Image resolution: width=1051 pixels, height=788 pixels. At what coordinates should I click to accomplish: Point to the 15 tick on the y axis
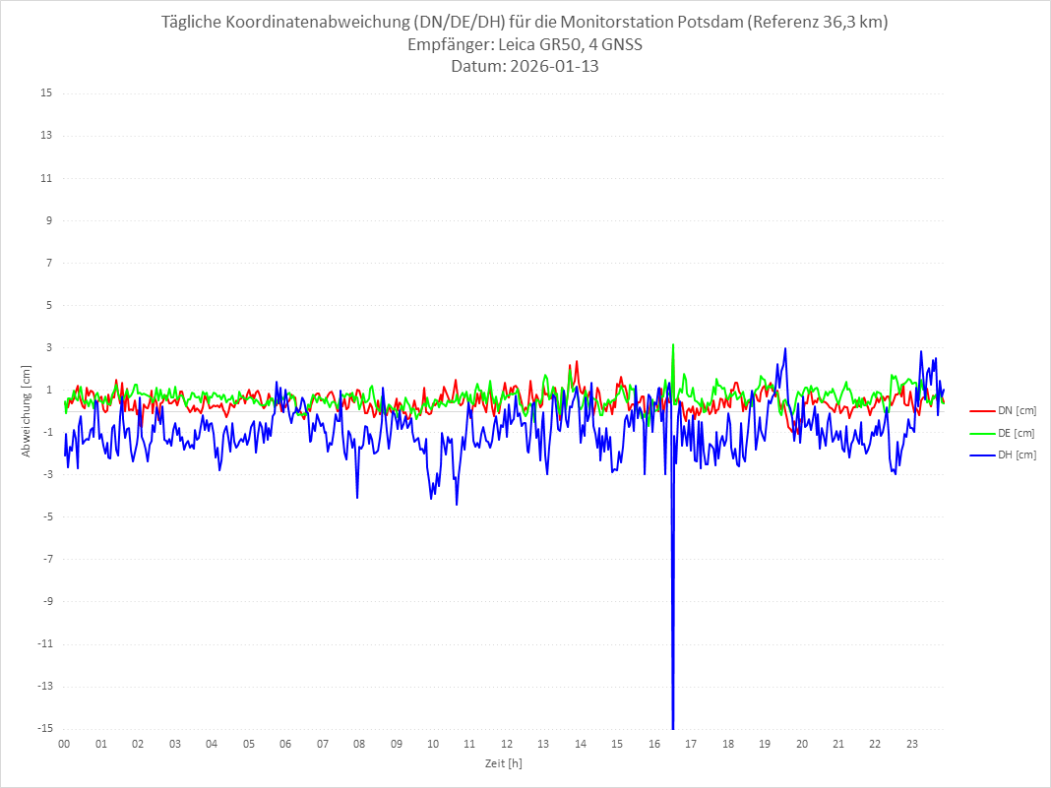(46, 93)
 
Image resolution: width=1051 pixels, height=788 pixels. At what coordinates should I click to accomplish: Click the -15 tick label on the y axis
(44, 728)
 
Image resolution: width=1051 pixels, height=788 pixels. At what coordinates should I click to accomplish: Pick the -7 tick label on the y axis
(46, 559)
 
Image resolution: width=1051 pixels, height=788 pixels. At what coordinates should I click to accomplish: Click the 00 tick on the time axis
(64, 744)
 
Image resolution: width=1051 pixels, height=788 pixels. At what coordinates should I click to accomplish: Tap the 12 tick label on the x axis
(507, 744)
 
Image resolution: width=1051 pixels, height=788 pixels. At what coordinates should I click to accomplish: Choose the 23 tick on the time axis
(912, 744)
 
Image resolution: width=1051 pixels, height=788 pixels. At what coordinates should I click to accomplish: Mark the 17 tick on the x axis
(691, 744)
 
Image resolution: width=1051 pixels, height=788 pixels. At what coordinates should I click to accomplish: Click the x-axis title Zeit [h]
(504, 762)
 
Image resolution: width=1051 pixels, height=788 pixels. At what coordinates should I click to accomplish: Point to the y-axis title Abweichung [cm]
(27, 410)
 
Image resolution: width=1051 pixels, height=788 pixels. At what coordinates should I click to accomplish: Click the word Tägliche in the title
(193, 23)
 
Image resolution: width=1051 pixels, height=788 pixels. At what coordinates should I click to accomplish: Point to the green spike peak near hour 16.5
(673, 344)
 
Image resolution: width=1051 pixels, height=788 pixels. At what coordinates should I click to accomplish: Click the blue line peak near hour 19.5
(785, 348)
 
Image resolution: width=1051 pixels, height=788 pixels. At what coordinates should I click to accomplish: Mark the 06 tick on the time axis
(285, 744)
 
